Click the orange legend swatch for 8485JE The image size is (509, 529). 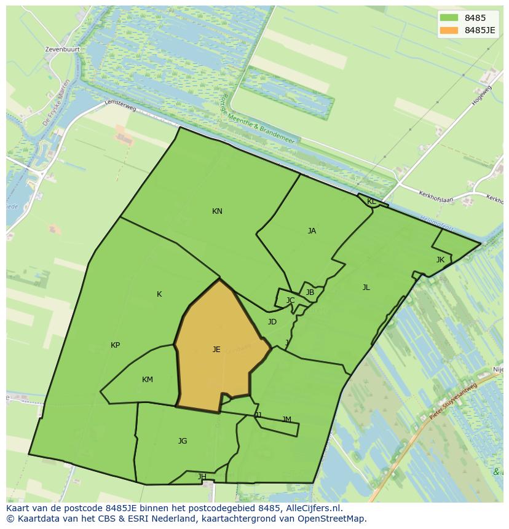pyautogui.click(x=449, y=30)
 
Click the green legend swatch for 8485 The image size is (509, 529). pyautogui.click(x=449, y=18)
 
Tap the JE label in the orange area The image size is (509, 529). pyautogui.click(x=216, y=350)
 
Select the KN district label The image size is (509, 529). pyautogui.click(x=217, y=211)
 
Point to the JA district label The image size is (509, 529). pyautogui.click(x=312, y=231)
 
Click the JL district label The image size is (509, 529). pyautogui.click(x=366, y=288)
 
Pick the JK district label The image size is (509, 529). pyautogui.click(x=440, y=260)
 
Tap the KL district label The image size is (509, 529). pyautogui.click(x=371, y=202)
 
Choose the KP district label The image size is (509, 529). pyautogui.click(x=115, y=345)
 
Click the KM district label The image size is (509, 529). pyautogui.click(x=148, y=380)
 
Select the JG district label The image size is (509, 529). pyautogui.click(x=183, y=441)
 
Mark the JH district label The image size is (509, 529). pyautogui.click(x=202, y=477)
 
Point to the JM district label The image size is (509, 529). pyautogui.click(x=286, y=420)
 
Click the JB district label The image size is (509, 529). pyautogui.click(x=310, y=292)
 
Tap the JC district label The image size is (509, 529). pyautogui.click(x=290, y=300)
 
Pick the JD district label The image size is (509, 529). pyautogui.click(x=272, y=322)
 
